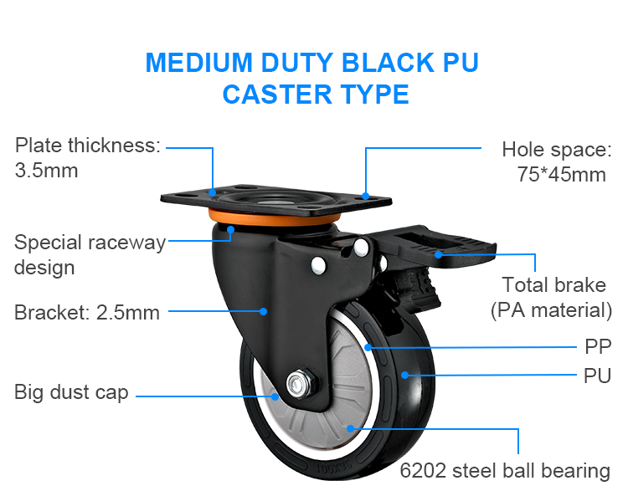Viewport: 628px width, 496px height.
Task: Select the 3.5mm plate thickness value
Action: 47,171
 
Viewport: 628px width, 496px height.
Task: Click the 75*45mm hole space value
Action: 560,174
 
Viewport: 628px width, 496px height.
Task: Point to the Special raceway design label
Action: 90,255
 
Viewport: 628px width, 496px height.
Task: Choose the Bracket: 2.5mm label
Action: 87,314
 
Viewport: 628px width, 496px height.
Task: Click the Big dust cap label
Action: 71,392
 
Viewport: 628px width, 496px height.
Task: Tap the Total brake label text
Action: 553,285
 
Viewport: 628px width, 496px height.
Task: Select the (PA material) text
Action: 551,310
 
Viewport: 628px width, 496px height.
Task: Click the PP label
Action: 597,346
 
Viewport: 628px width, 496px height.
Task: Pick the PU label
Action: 597,375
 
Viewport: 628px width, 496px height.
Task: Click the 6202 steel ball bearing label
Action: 505,471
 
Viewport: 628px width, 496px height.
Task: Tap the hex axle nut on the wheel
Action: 296,383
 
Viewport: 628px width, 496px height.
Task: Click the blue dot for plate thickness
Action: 214,192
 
